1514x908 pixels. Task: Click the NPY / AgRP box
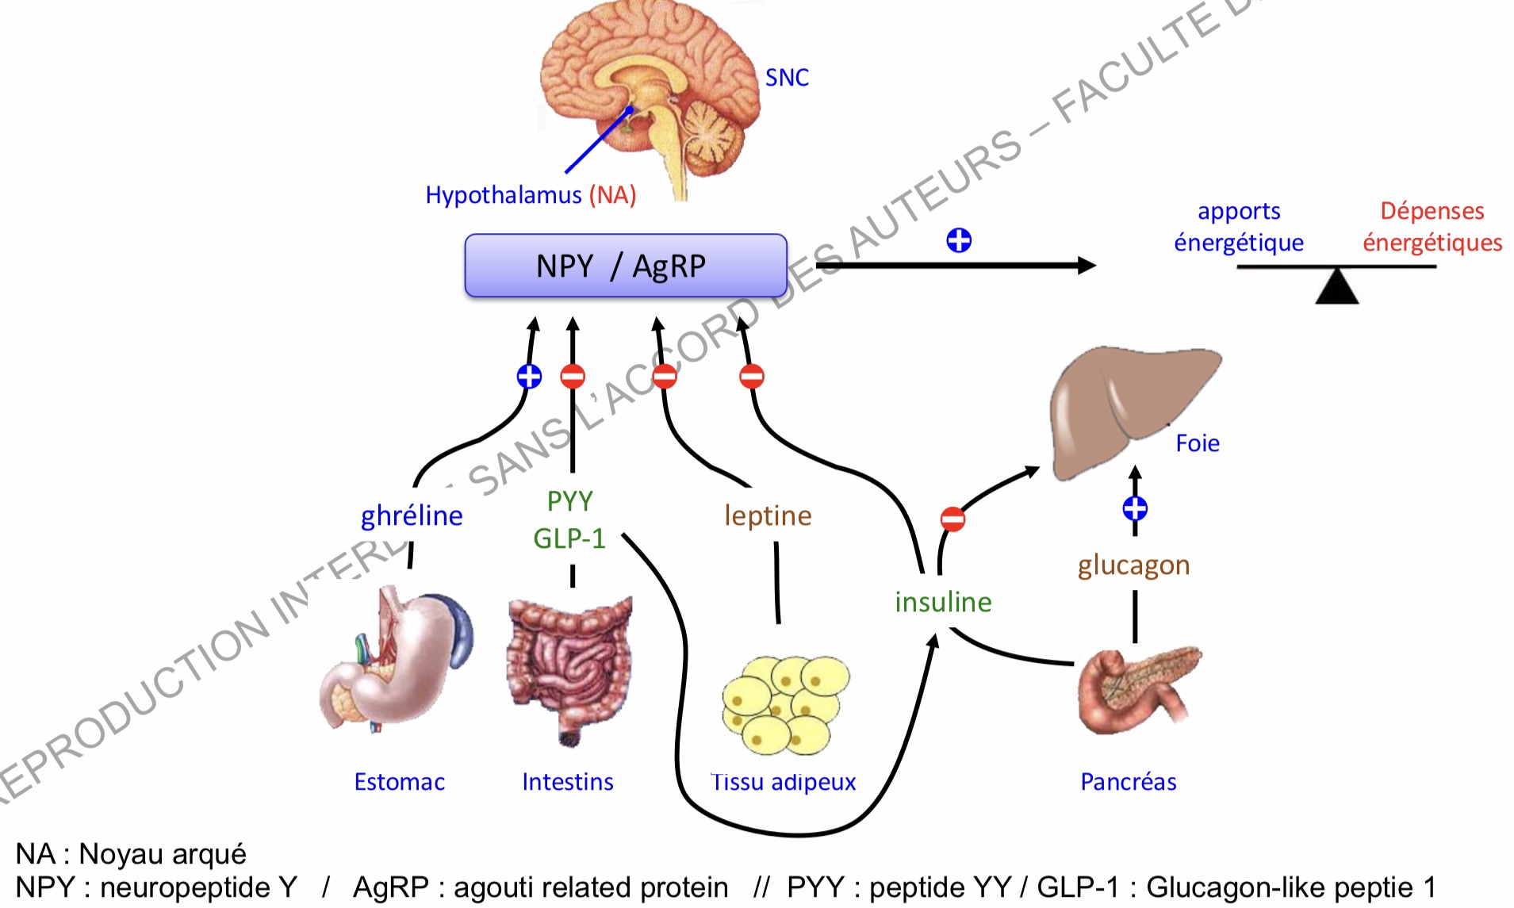(625, 266)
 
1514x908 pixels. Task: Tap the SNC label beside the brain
(787, 78)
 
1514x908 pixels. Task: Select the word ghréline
(412, 516)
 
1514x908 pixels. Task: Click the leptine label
(768, 515)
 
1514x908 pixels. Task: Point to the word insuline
(943, 602)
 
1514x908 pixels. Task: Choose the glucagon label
(1133, 565)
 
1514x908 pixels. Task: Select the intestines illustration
(569, 666)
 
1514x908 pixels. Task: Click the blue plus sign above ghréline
(529, 376)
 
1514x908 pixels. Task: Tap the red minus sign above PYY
(573, 376)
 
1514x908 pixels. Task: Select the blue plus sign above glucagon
(1135, 508)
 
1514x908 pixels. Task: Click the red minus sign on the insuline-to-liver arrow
(952, 519)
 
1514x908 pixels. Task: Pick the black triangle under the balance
(1337, 287)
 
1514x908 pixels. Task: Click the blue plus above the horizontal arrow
(959, 240)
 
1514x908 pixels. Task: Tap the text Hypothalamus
(504, 195)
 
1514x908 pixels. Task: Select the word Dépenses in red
(1432, 211)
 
